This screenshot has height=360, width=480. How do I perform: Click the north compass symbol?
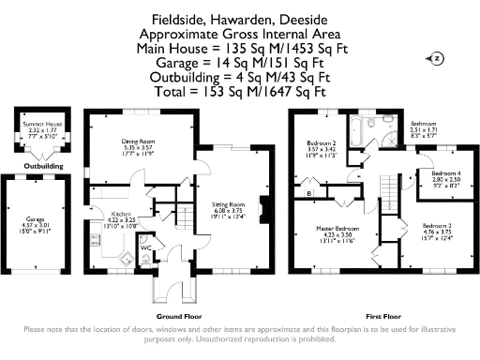(x=436, y=58)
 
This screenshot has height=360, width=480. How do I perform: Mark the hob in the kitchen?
(x=97, y=255)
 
